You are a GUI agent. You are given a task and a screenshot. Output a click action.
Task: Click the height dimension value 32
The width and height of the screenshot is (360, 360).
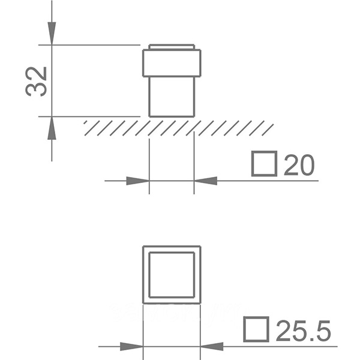(36, 82)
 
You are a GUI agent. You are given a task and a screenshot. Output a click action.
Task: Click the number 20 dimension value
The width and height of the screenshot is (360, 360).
(299, 165)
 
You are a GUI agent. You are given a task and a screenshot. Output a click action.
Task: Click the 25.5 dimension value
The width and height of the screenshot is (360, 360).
(304, 331)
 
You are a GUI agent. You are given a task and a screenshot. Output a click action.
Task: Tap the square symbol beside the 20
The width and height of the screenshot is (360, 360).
(264, 164)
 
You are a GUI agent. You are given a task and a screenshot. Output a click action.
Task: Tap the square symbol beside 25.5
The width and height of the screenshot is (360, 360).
(256, 329)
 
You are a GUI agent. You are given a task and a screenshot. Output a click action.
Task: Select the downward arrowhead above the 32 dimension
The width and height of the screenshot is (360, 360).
(52, 33)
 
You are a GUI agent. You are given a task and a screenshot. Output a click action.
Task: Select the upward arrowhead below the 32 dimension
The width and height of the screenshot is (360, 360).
(52, 128)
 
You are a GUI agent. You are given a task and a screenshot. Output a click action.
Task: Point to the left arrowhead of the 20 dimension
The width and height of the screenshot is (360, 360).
(138, 181)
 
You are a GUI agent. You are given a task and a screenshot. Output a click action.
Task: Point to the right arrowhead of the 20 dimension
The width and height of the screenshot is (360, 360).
(206, 181)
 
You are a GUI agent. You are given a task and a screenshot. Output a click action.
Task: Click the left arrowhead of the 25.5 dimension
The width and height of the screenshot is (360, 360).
(131, 346)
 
